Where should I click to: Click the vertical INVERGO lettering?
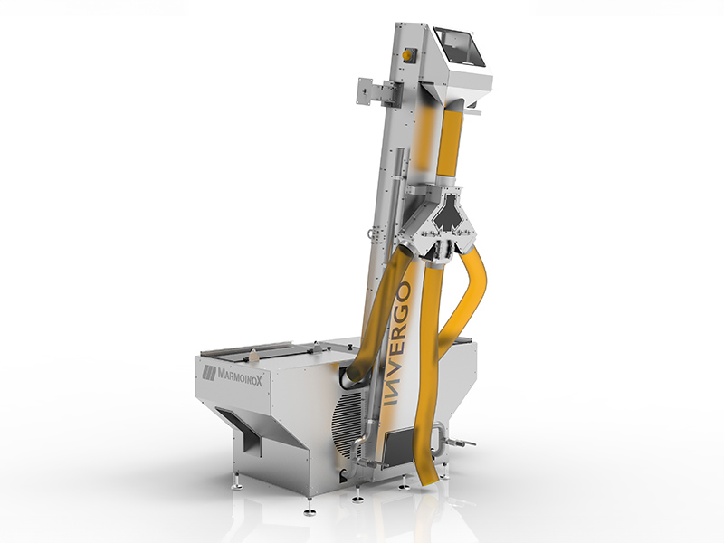click(397, 344)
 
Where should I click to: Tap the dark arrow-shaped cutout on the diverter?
click(448, 214)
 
